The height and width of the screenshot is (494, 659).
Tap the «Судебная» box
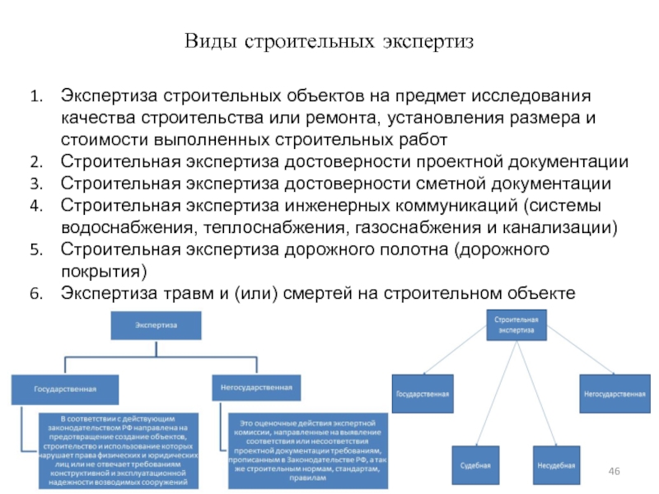click(475, 464)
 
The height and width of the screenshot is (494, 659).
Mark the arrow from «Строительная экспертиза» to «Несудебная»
click(535, 395)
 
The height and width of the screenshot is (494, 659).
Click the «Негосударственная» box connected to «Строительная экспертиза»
click(614, 394)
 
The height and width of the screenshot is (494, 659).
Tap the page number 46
click(614, 469)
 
